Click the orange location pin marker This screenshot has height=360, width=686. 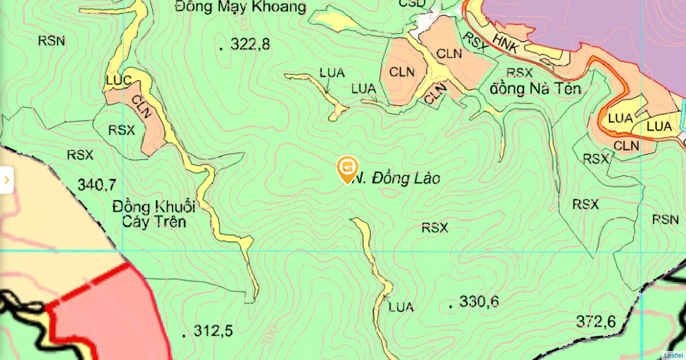(x=347, y=169)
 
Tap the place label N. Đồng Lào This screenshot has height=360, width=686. (x=396, y=179)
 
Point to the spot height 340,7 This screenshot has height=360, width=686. (x=97, y=185)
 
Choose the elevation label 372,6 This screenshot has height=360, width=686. (x=596, y=322)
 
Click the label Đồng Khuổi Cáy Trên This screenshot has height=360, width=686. (x=154, y=214)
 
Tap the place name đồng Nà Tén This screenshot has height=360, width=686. (x=536, y=89)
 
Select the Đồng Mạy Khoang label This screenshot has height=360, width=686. (x=241, y=7)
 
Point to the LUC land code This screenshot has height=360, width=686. (x=119, y=81)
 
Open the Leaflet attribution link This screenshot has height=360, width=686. (x=673, y=355)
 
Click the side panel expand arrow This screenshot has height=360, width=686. (x=6, y=180)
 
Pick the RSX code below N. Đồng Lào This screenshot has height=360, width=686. (x=434, y=228)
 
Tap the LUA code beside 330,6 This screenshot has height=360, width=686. (x=401, y=307)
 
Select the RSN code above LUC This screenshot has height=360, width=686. (x=51, y=41)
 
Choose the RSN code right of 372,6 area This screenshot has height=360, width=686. (x=665, y=219)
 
